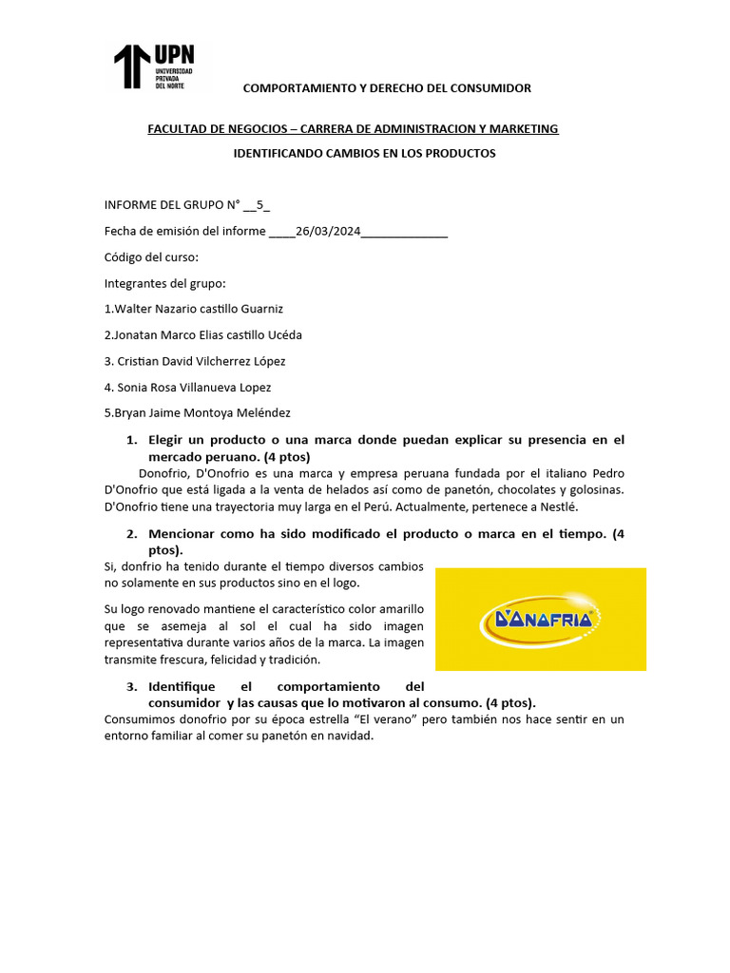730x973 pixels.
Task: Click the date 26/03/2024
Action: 328,232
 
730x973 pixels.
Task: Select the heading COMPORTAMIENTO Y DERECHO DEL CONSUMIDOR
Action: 387,88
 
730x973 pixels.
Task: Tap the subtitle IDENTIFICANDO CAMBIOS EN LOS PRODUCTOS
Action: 365,153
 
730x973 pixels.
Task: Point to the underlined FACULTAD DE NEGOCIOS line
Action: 353,128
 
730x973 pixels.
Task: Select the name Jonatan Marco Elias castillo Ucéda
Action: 207,334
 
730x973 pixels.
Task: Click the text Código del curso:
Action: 151,258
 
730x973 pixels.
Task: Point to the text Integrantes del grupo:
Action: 164,283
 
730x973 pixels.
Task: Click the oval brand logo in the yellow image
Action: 540,620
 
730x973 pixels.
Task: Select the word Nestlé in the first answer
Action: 558,507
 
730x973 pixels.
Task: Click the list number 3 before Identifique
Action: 130,686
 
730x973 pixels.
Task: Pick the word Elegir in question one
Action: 168,440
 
